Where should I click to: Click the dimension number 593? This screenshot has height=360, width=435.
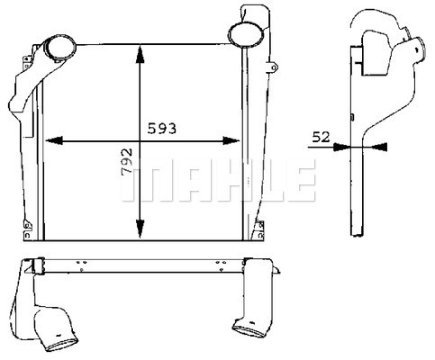click(x=162, y=129)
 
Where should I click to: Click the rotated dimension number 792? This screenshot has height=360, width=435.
click(x=126, y=162)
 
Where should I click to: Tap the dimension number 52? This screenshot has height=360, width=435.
click(x=321, y=137)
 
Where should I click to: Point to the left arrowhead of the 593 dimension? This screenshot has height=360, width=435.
click(x=54, y=140)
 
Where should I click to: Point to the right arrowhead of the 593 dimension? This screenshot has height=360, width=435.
click(x=231, y=140)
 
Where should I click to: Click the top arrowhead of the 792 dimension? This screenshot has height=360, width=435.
click(x=140, y=54)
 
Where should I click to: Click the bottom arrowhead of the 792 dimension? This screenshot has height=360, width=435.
click(x=140, y=229)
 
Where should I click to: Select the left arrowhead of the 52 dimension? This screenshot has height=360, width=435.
click(x=342, y=147)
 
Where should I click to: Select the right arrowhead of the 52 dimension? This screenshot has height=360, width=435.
click(x=379, y=147)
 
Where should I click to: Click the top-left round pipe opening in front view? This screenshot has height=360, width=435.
click(x=59, y=49)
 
